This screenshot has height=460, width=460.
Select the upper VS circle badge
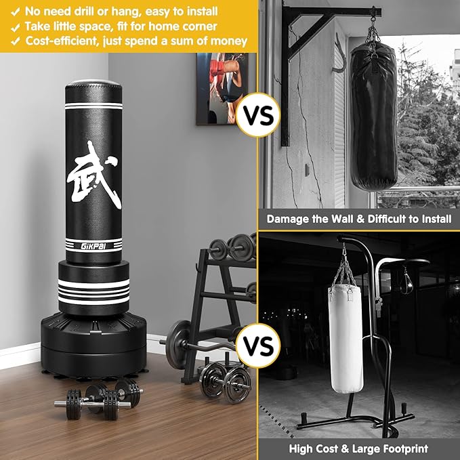tap(258, 116)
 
